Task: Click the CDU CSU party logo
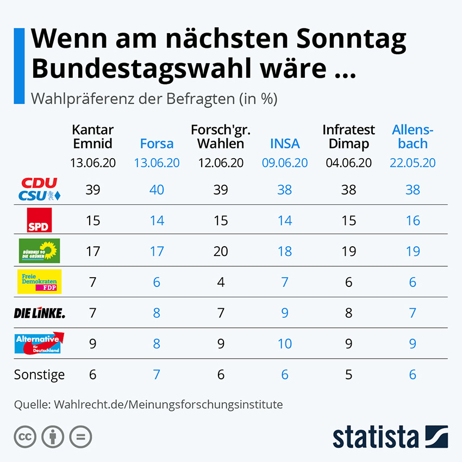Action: (x=39, y=189)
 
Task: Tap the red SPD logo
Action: (x=39, y=220)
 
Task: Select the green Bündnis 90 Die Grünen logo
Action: (x=39, y=251)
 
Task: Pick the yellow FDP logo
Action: (x=39, y=282)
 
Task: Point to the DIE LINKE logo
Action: (x=39, y=313)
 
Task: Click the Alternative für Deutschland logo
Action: (x=39, y=344)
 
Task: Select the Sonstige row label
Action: (x=39, y=374)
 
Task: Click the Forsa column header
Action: (x=157, y=143)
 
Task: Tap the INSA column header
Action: (x=285, y=143)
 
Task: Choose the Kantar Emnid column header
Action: (x=92, y=137)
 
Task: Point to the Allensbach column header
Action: (x=413, y=137)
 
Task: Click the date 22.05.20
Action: (x=413, y=163)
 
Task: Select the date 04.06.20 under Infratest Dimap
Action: (x=348, y=163)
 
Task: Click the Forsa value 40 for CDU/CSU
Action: (x=157, y=189)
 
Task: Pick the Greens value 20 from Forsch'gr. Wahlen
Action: (x=221, y=251)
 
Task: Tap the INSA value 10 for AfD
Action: (x=285, y=344)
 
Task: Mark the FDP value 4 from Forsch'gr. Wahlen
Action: (x=221, y=282)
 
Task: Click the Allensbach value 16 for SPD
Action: (x=413, y=220)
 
